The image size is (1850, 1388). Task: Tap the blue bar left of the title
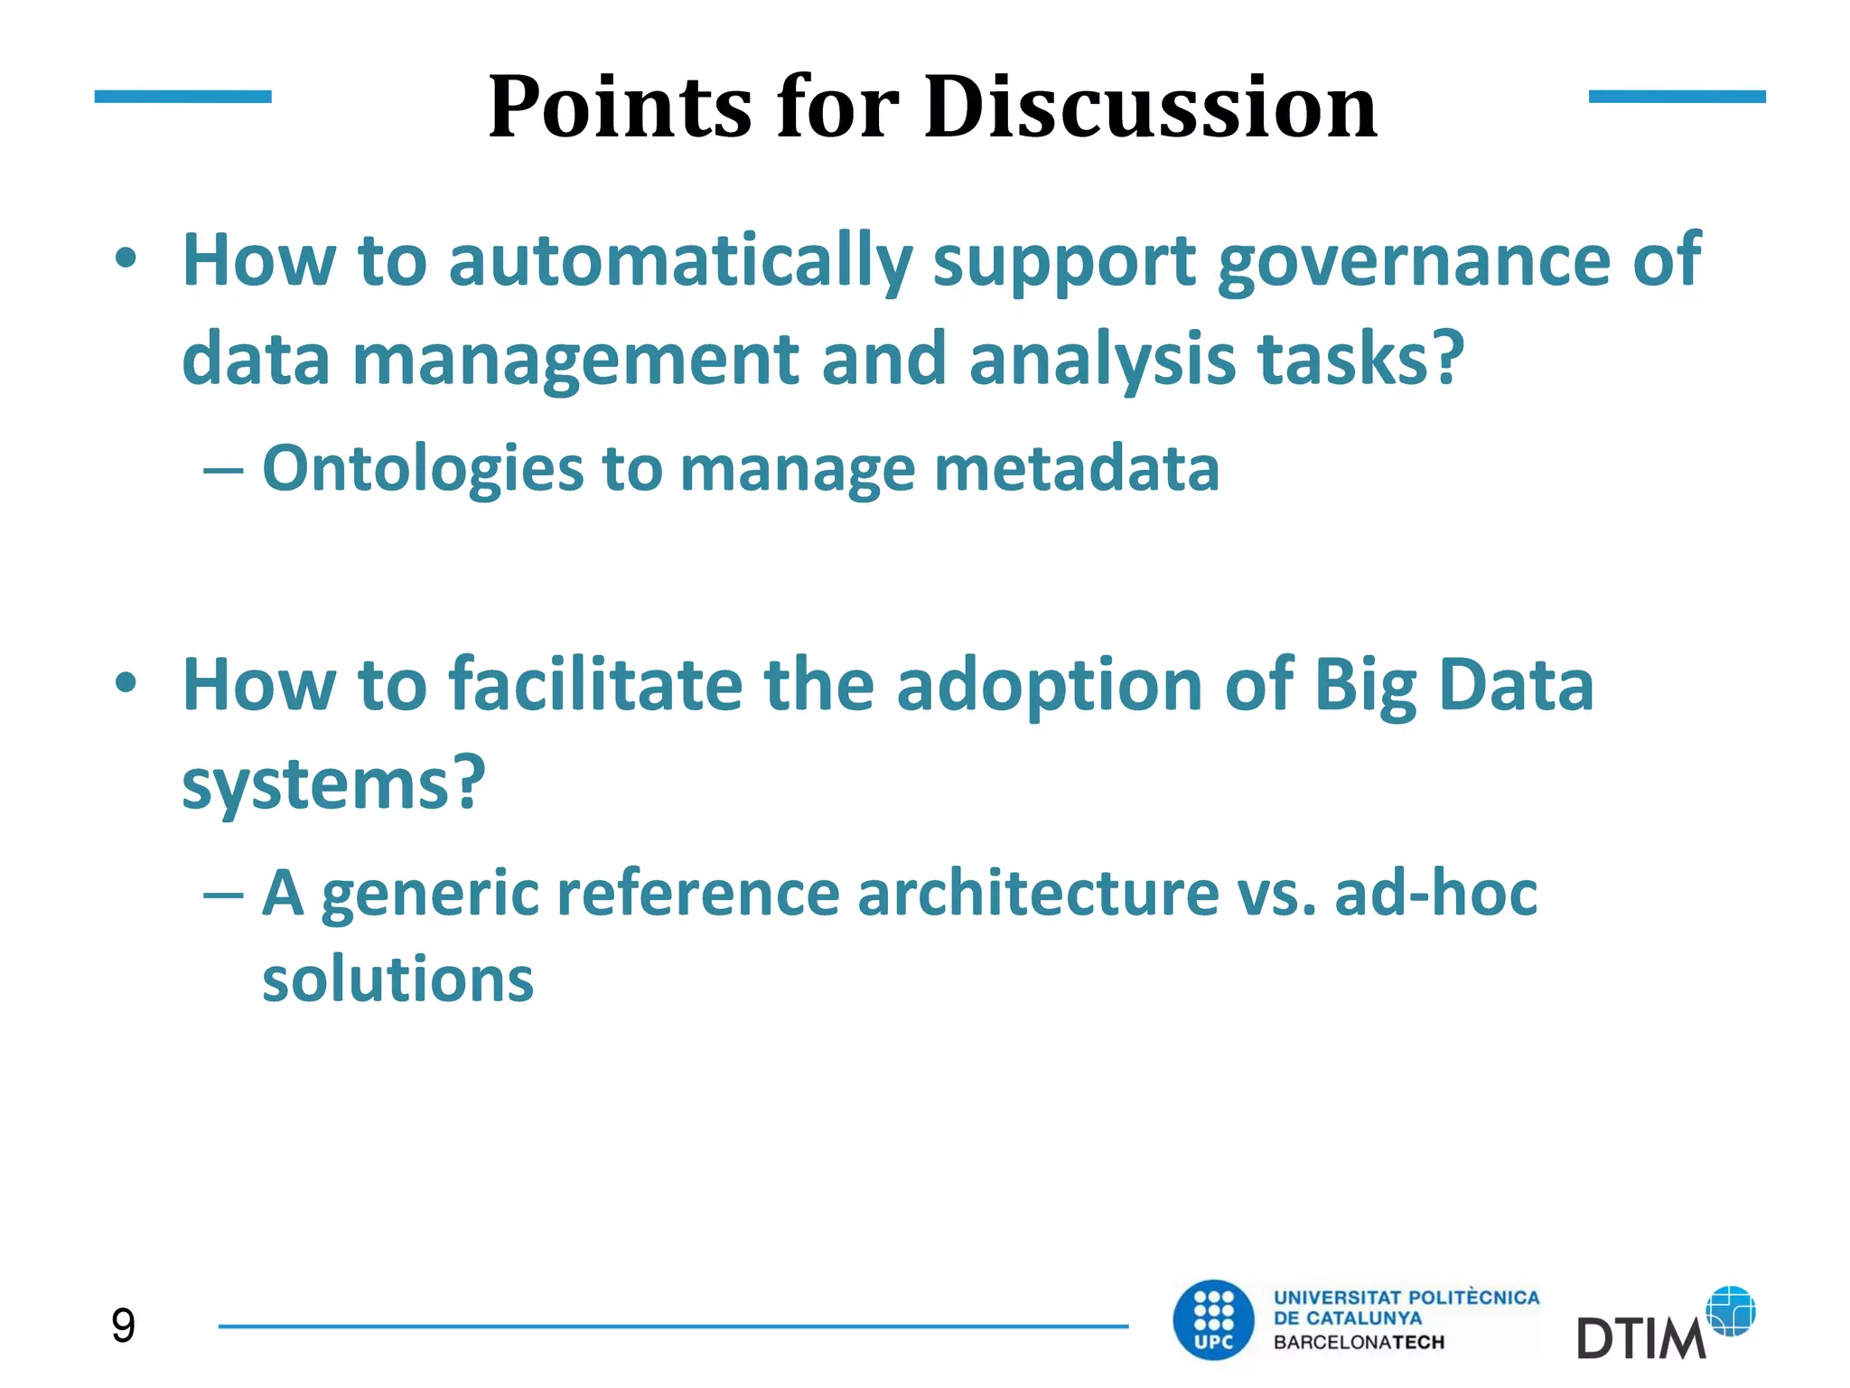pyautogui.click(x=182, y=97)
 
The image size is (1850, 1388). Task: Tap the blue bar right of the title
pyautogui.click(x=1677, y=97)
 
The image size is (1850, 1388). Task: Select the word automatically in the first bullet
pyautogui.click(x=680, y=262)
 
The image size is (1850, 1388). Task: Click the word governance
pyautogui.click(x=1414, y=262)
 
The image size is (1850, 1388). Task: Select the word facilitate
pyautogui.click(x=595, y=685)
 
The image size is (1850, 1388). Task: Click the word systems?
pyautogui.click(x=333, y=784)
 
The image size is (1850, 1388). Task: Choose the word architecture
pyautogui.click(x=1038, y=893)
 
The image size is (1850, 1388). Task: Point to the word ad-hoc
pyautogui.click(x=1435, y=893)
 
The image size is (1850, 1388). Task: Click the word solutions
pyautogui.click(x=397, y=980)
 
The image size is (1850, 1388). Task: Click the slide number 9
pyautogui.click(x=123, y=1326)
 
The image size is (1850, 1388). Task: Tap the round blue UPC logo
pyautogui.click(x=1213, y=1319)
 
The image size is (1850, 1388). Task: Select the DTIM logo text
pyautogui.click(x=1640, y=1338)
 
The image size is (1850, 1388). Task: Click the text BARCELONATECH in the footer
pyautogui.click(x=1359, y=1343)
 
